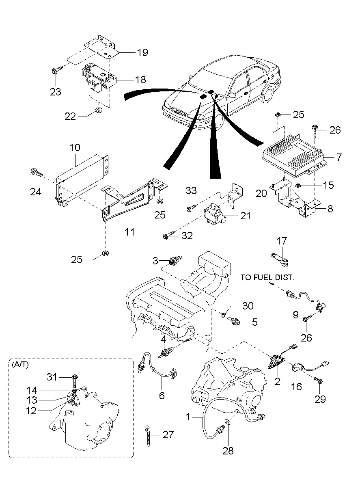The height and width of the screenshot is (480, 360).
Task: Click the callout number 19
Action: (142, 52)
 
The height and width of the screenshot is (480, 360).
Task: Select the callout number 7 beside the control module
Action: (338, 157)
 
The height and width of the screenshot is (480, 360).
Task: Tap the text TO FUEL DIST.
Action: (267, 278)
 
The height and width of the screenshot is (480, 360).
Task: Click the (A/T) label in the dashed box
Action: (20, 365)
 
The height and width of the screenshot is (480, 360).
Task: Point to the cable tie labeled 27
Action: (148, 435)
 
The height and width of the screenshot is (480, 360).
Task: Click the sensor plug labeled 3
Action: (175, 261)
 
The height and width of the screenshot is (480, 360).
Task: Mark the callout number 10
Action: (75, 147)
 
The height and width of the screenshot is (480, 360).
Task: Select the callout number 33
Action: (191, 190)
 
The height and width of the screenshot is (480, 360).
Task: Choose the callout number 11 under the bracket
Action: (129, 232)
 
